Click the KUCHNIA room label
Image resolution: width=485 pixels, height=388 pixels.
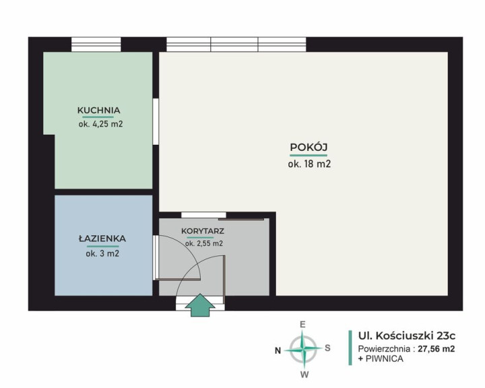(x=98, y=110)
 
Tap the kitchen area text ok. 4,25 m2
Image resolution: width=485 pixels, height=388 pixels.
(x=101, y=124)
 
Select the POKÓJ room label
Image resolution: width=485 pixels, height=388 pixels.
(x=309, y=147)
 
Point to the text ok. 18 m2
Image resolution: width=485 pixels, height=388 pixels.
(x=309, y=164)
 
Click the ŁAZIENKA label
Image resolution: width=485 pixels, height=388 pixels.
(x=102, y=238)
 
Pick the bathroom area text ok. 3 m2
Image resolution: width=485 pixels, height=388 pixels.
(x=102, y=254)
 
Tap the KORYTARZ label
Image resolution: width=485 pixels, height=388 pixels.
(x=203, y=231)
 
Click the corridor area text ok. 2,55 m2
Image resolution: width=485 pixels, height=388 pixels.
(x=204, y=243)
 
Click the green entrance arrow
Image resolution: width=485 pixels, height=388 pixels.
(x=200, y=305)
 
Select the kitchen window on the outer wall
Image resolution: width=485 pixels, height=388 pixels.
(x=96, y=44)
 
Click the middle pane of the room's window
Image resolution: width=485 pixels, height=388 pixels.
(x=234, y=44)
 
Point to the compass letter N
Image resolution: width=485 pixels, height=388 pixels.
(x=278, y=350)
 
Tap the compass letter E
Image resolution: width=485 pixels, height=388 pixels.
(x=303, y=325)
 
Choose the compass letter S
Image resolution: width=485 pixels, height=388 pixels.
(x=327, y=348)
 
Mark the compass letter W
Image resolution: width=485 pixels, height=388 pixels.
(x=304, y=375)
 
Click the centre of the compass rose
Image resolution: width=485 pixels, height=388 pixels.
(x=304, y=350)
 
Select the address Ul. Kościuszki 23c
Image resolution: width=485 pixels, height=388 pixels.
(x=407, y=335)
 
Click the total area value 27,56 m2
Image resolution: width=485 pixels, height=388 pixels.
(x=437, y=349)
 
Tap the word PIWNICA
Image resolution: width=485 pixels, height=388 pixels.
(x=385, y=359)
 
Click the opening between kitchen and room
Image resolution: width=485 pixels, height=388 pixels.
(x=156, y=121)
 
